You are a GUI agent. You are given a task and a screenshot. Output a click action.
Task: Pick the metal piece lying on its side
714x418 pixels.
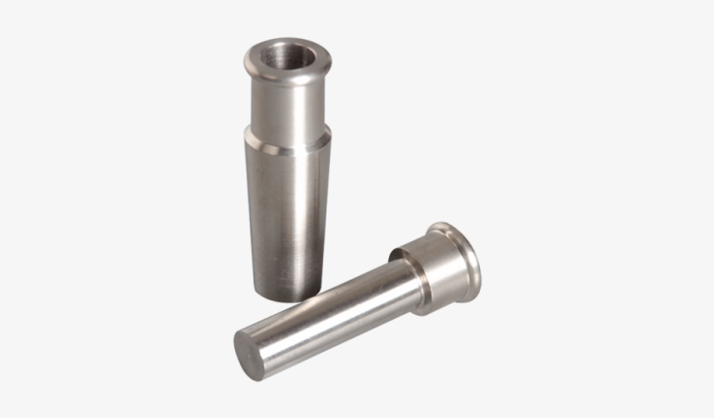366,300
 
